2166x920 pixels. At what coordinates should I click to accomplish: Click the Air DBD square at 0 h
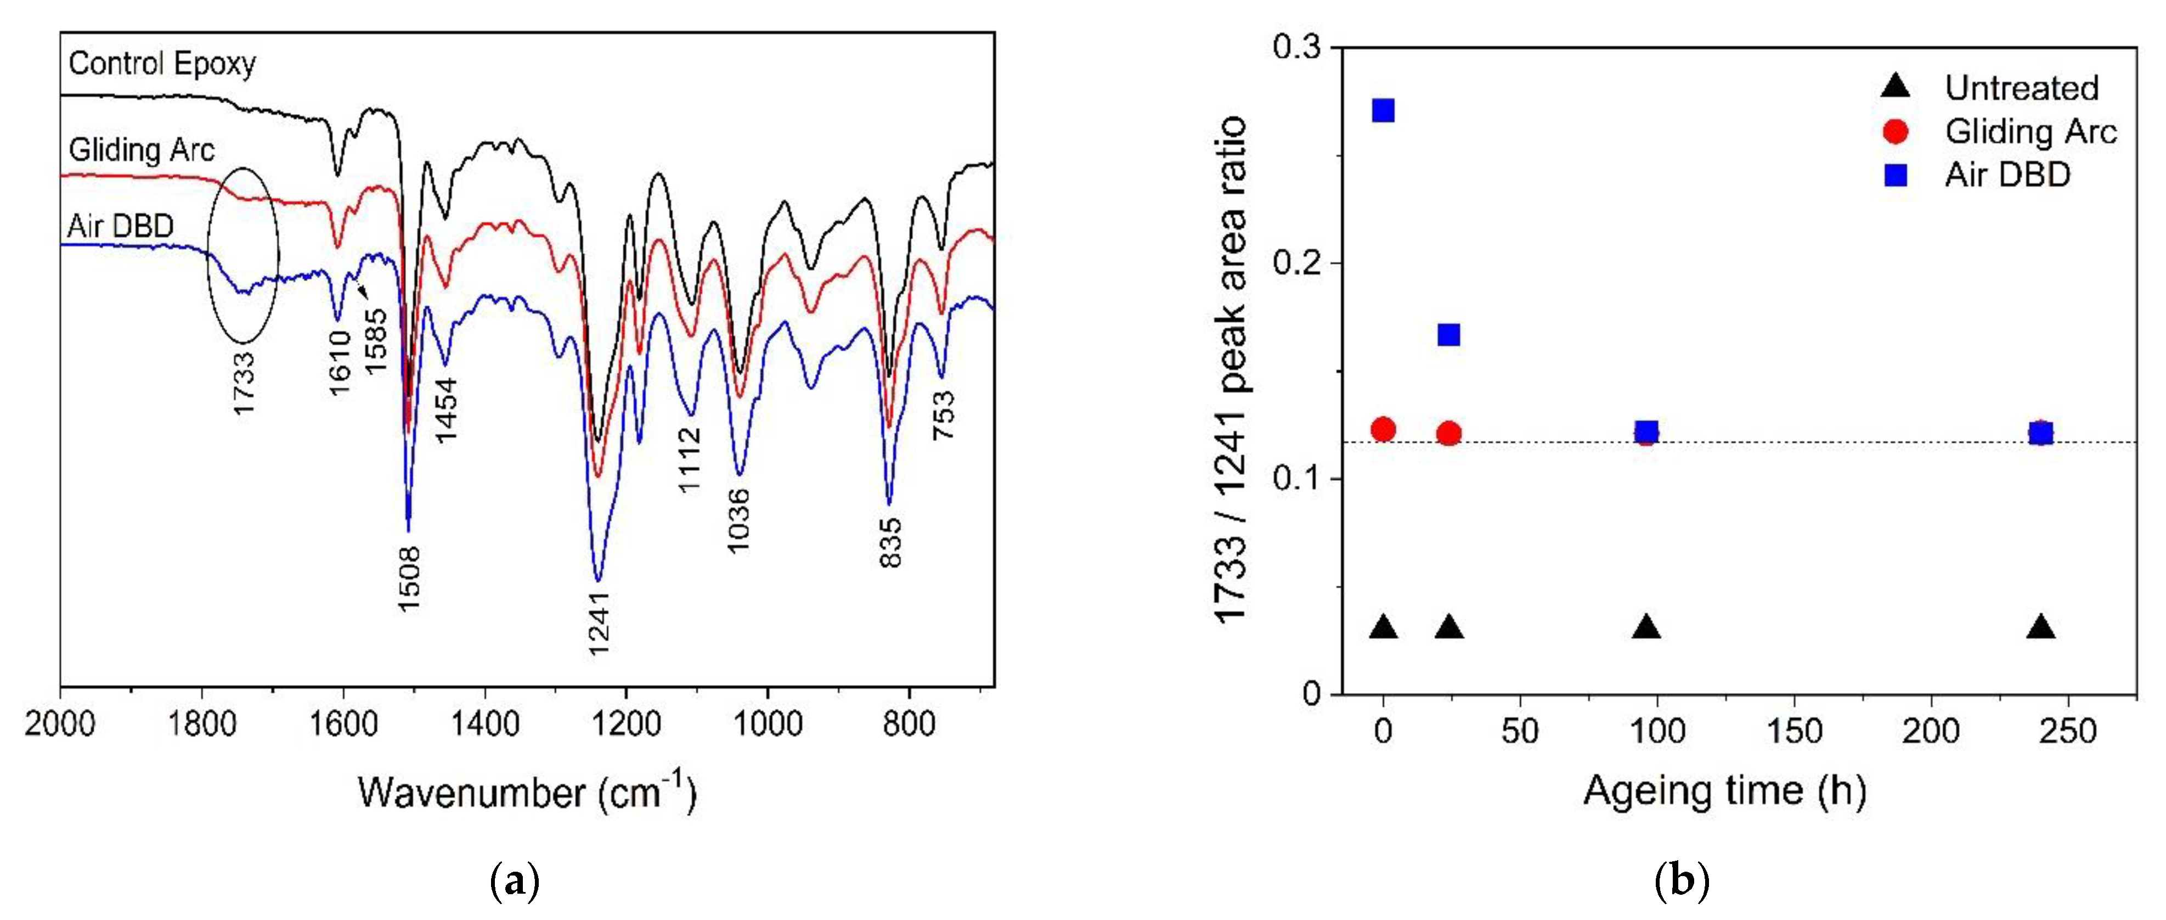click(x=1383, y=110)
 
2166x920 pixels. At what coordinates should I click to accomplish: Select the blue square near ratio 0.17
click(x=1448, y=335)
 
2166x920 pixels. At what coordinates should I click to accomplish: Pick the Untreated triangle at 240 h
click(x=2041, y=628)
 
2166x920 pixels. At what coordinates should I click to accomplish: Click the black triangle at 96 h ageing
click(x=1646, y=628)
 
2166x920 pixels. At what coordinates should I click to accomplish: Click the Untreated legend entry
click(x=2021, y=87)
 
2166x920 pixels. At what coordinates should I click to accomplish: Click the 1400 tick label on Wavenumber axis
click(x=484, y=724)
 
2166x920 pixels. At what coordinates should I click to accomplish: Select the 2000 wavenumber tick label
click(x=60, y=724)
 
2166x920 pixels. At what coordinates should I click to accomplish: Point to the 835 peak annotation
click(x=890, y=542)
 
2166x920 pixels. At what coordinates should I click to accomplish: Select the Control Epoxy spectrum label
click(x=161, y=64)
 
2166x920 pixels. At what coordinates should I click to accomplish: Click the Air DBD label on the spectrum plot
click(x=120, y=226)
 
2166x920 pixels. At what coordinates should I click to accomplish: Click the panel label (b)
click(x=1682, y=882)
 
